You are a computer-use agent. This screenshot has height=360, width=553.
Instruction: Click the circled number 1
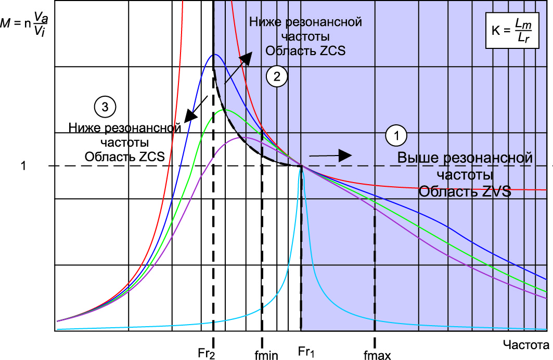tap(395, 137)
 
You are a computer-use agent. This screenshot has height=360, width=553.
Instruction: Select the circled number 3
tap(105, 107)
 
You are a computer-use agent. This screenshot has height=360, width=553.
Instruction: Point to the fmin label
tap(268, 355)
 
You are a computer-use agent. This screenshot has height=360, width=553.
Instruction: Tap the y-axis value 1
tap(23, 166)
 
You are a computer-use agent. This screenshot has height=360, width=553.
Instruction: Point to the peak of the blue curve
tap(213, 55)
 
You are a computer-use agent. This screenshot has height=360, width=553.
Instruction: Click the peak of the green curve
tap(225, 110)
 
